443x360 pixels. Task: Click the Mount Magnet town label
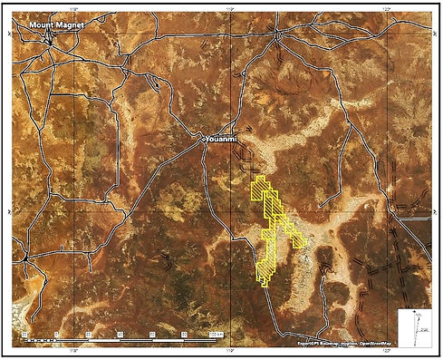[55, 25]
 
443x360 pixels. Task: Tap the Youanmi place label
[221, 140]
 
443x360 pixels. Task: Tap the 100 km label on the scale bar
[216, 335]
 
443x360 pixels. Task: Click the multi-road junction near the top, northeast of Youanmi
[277, 34]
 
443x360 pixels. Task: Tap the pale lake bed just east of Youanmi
[299, 136]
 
